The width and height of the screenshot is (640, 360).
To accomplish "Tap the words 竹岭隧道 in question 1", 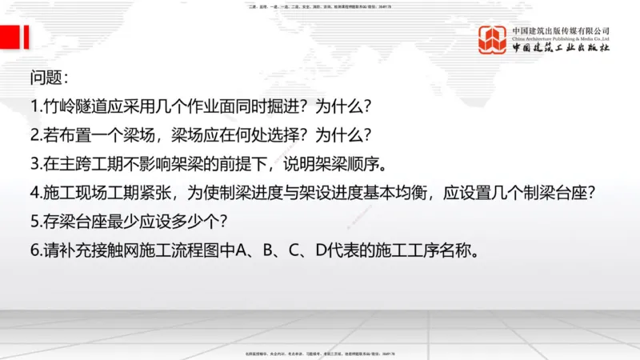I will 74,106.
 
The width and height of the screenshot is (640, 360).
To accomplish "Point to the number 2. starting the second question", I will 36,135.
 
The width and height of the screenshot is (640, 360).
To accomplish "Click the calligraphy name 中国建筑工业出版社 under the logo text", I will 561,49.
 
